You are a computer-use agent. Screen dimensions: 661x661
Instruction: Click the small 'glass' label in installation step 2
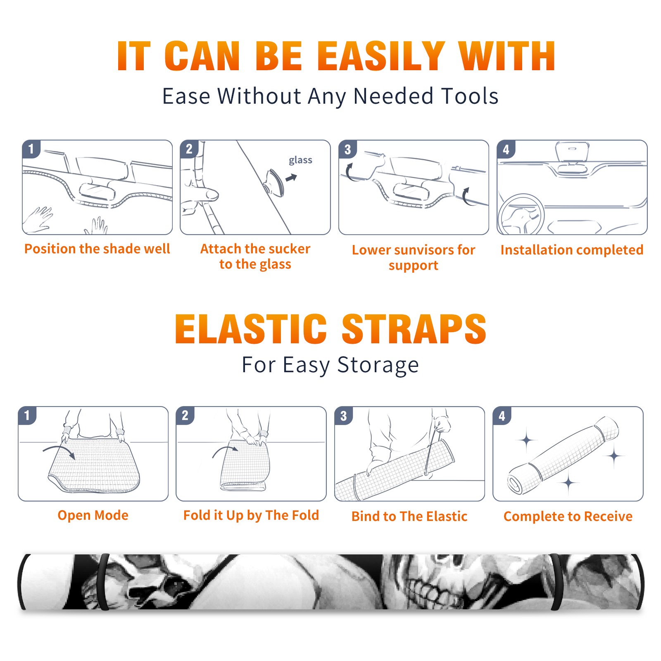tap(300, 160)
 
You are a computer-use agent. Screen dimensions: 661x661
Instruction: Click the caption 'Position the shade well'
tap(97, 249)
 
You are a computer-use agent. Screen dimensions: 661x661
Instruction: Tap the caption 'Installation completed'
tap(572, 250)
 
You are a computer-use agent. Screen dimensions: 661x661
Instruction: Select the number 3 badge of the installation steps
tap(347, 150)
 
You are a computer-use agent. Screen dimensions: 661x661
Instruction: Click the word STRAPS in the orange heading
tap(414, 329)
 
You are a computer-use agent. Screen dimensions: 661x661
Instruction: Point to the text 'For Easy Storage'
tap(330, 365)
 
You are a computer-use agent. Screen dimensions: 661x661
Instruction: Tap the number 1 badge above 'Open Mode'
tap(27, 416)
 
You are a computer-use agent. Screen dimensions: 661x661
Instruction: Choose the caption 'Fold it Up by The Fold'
tap(251, 516)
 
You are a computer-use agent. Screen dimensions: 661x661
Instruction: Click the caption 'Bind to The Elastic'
tap(409, 516)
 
